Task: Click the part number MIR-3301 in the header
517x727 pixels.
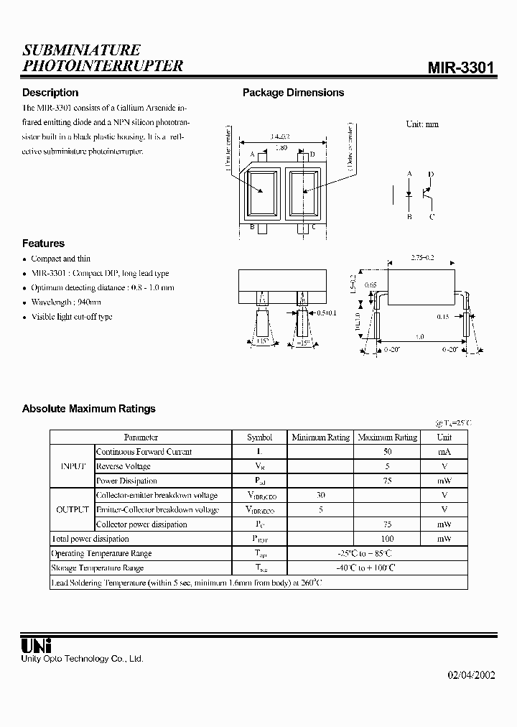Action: [x=461, y=68]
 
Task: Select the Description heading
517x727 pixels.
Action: [x=50, y=93]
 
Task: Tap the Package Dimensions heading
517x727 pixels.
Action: [x=293, y=93]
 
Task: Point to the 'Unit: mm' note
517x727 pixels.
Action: [x=422, y=124]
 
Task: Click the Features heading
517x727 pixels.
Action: [x=43, y=244]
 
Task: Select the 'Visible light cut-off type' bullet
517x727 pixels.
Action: [x=72, y=317]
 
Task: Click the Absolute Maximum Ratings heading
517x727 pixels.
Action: [x=88, y=409]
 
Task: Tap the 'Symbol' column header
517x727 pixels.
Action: [x=259, y=437]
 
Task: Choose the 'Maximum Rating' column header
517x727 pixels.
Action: [x=387, y=437]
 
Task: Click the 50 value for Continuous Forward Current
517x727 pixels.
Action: [x=387, y=452]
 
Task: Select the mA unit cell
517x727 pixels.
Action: [x=444, y=452]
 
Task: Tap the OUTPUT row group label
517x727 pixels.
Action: [x=73, y=509]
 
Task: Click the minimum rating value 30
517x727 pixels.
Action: [x=320, y=495]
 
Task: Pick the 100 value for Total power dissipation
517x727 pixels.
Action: [x=387, y=539]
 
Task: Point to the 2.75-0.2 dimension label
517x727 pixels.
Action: [x=424, y=256]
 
